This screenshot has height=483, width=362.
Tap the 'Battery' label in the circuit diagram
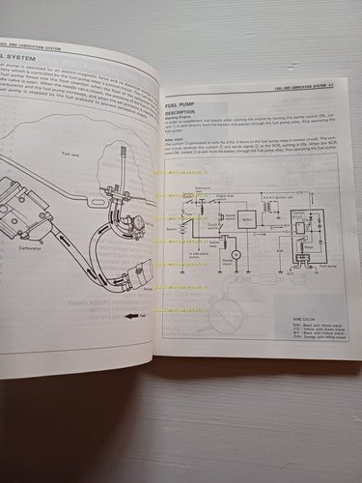coord(173,220)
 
